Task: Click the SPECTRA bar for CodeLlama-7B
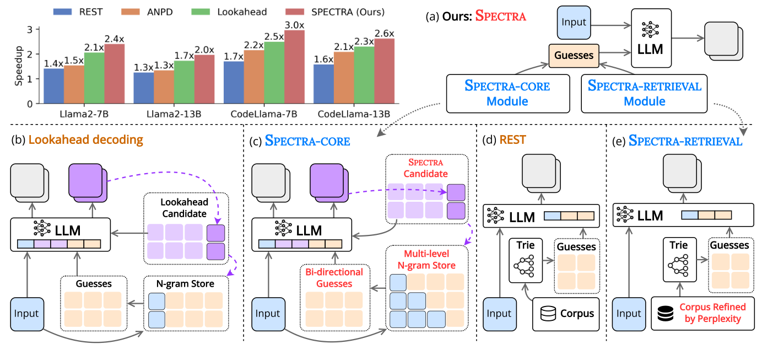pyautogui.click(x=295, y=67)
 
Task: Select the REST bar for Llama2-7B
pyautogui.click(x=53, y=86)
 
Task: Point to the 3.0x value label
pyautogui.click(x=295, y=25)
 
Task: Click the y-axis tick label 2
pyautogui.click(x=30, y=54)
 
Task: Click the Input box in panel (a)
pyautogui.click(x=574, y=23)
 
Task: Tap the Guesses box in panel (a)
pyautogui.click(x=573, y=55)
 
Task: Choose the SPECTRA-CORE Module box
pyautogui.click(x=507, y=94)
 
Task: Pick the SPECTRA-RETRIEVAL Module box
pyautogui.click(x=644, y=94)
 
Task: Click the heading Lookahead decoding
pyautogui.click(x=85, y=140)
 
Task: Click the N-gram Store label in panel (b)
pyautogui.click(x=185, y=284)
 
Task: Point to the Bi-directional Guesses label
pyautogui.click(x=334, y=277)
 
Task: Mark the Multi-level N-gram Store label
pyautogui.click(x=427, y=260)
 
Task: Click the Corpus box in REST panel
pyautogui.click(x=566, y=314)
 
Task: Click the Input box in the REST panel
pyautogui.click(x=499, y=314)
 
